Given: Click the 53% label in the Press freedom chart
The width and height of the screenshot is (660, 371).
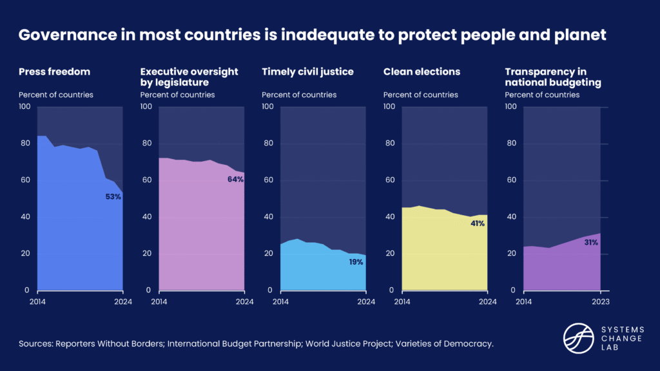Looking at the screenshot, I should (x=113, y=196).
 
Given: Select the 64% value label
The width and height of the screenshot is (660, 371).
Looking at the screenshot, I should (x=235, y=179).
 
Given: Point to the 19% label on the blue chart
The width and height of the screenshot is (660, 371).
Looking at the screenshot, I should (x=356, y=262).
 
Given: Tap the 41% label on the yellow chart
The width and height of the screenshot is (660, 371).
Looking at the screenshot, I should (x=477, y=224).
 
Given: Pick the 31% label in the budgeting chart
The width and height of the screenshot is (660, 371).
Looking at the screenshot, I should (x=591, y=243).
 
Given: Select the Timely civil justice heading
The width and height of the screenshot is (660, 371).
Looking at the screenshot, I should (x=307, y=71).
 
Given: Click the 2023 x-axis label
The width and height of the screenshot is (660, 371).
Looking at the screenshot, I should (x=600, y=301).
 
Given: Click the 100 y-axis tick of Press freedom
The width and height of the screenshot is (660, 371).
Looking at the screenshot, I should (x=25, y=106).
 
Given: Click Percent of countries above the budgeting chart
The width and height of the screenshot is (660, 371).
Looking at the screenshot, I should (x=542, y=95).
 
